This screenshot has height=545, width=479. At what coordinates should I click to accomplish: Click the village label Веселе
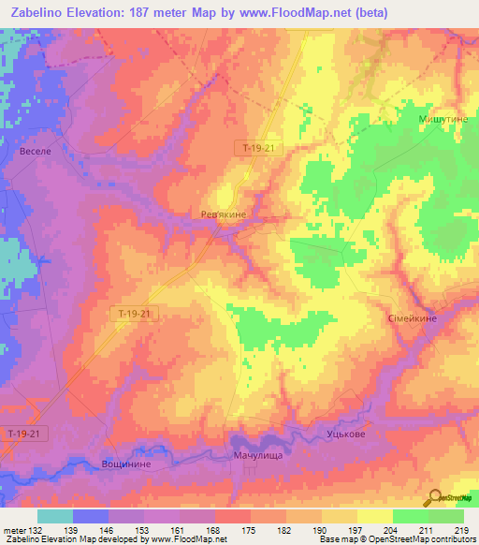34,150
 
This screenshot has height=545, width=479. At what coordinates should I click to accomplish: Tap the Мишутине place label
442,120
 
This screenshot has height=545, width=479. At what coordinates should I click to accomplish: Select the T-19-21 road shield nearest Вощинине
23,434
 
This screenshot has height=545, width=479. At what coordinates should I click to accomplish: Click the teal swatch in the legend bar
55,516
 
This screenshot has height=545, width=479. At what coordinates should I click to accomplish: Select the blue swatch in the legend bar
91,516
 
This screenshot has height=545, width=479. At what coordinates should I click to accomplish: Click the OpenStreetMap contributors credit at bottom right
422,538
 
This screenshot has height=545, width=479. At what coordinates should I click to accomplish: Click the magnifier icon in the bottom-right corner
434,497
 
